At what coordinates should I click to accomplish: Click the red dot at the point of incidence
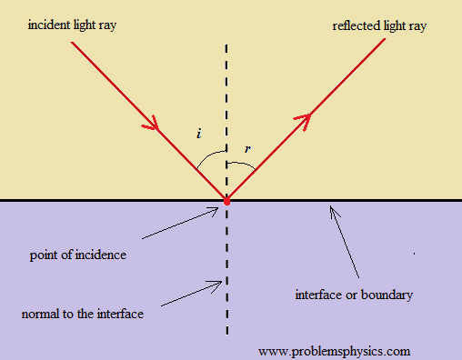[x=226, y=201]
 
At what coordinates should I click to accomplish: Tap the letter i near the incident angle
[x=199, y=134]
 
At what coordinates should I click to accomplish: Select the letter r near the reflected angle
[x=247, y=149]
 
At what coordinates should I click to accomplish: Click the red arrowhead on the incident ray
[x=152, y=124]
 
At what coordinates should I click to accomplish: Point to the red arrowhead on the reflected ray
[x=304, y=121]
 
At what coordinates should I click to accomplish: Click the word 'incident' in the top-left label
[x=48, y=25]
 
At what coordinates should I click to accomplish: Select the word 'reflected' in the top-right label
[x=356, y=25]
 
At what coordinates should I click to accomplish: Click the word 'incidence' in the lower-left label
[x=100, y=255]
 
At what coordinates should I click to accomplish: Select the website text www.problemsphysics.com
[x=334, y=352]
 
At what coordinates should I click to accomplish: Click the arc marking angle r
[x=244, y=164]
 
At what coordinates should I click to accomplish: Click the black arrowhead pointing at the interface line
[x=334, y=211]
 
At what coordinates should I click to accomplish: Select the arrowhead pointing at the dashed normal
[x=216, y=285]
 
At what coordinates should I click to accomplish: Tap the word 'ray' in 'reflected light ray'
[x=417, y=27]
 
